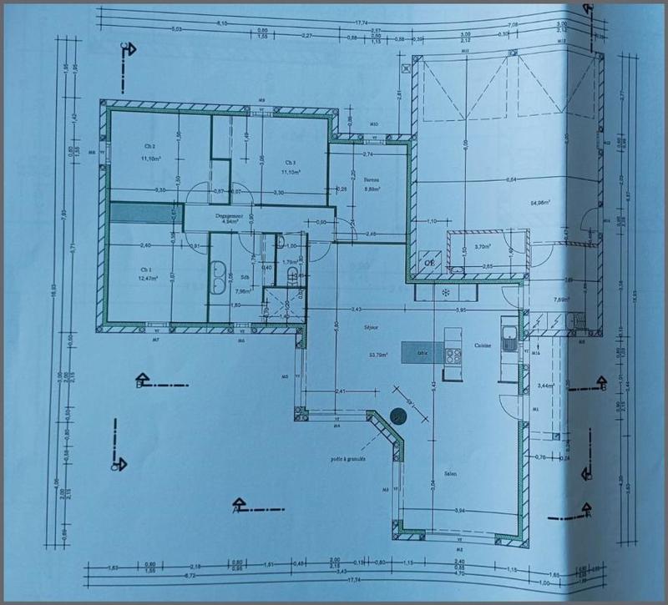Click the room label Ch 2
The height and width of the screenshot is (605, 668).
(150, 146)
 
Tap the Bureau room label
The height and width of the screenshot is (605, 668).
(372, 179)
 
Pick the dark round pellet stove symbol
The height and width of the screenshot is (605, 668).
(400, 416)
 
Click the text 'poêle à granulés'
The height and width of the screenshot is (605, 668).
(350, 459)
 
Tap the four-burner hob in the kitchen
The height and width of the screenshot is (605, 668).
(454, 356)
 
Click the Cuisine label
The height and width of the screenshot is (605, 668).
(483, 344)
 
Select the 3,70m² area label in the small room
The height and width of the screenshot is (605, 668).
(483, 247)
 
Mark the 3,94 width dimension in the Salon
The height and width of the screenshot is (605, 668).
(458, 509)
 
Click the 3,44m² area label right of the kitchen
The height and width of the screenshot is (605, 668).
(547, 386)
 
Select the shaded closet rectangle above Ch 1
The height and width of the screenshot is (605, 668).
(138, 213)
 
